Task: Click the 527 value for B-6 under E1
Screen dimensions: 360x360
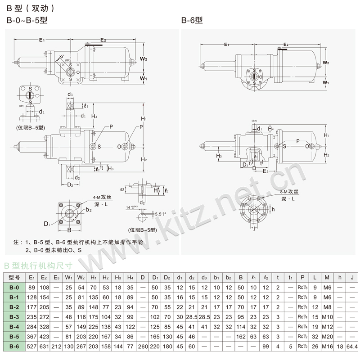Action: [31, 346]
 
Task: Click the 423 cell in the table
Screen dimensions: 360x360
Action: [44, 336]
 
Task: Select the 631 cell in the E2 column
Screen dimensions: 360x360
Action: [44, 346]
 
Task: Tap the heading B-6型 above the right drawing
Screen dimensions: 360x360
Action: [192, 20]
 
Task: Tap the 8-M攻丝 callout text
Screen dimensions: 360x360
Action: [292, 191]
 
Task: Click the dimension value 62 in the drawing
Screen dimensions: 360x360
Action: [123, 190]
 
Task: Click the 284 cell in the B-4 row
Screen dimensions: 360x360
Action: [31, 326]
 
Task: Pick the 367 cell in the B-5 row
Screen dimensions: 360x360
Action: [31, 336]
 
